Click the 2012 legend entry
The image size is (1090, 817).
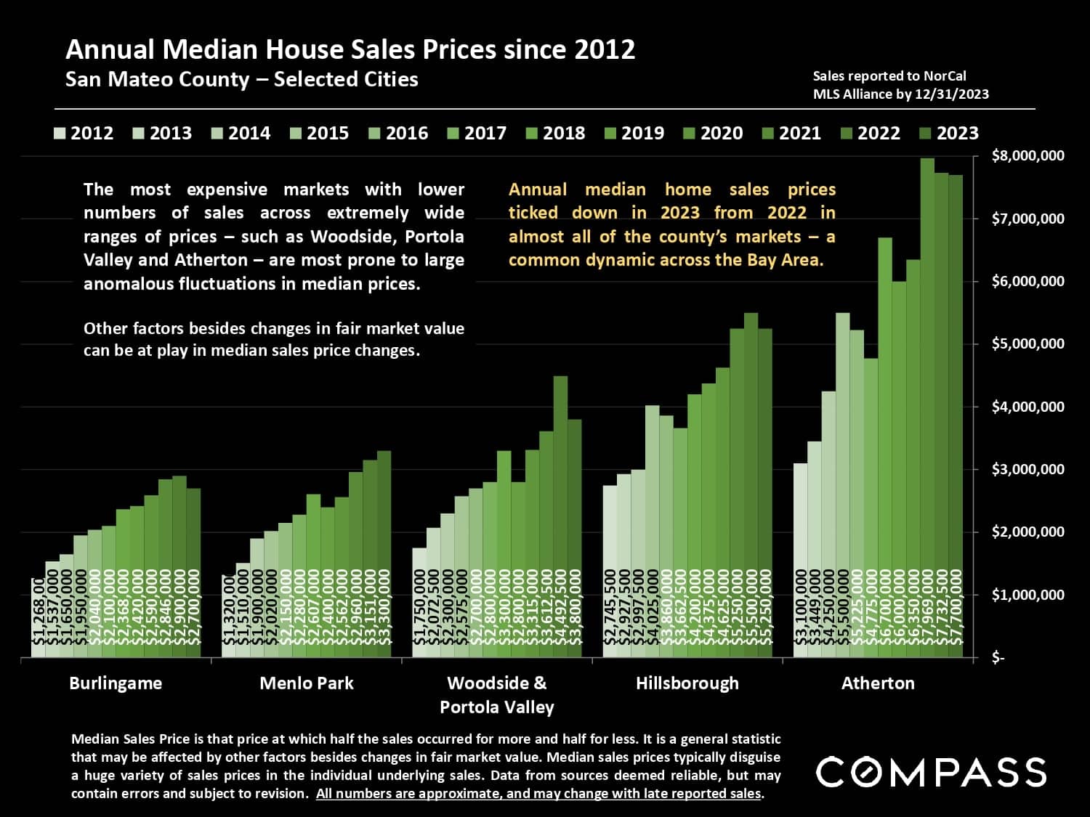click(84, 134)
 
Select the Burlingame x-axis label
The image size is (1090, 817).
click(116, 683)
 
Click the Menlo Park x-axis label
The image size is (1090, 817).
click(307, 683)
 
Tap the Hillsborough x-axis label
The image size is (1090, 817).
click(687, 683)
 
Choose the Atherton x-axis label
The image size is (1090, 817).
click(878, 683)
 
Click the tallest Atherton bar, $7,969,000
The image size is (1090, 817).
click(927, 407)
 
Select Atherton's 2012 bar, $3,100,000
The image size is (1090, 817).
click(800, 559)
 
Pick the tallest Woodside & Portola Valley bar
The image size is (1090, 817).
click(560, 516)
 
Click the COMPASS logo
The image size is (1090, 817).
click(931, 772)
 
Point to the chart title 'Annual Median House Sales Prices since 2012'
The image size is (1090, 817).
click(350, 49)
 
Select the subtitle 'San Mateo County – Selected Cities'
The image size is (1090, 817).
click(241, 79)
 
